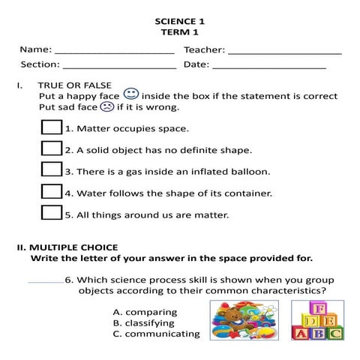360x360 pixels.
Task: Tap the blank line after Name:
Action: (x=114, y=51)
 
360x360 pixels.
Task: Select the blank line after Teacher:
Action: (x=284, y=51)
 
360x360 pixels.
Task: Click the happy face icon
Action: (x=130, y=94)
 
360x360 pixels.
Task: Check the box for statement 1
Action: (x=51, y=127)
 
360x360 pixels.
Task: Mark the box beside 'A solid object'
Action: (x=51, y=148)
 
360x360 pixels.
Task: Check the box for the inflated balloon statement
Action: (x=51, y=169)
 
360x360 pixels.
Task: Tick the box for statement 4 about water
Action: (x=51, y=191)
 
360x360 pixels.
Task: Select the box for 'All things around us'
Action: (x=51, y=212)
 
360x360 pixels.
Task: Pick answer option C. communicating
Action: (x=156, y=334)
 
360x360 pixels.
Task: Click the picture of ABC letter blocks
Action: (x=316, y=320)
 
